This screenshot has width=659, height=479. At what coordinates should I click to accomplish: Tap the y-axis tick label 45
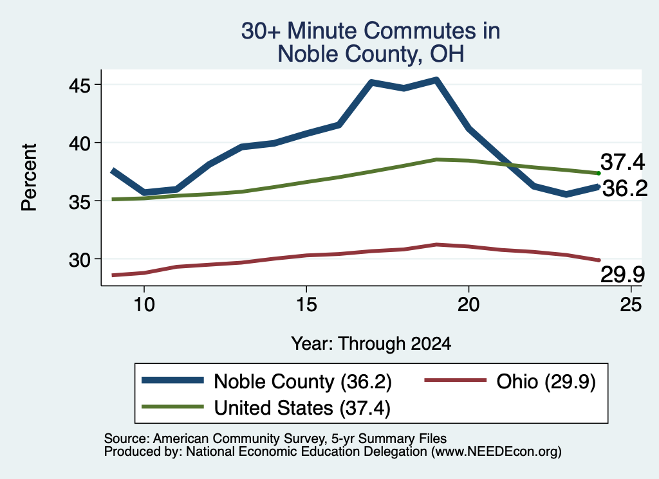click(x=80, y=86)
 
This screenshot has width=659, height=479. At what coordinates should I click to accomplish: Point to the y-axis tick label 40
click(x=80, y=143)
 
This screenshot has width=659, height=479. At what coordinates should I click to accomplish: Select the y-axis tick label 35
click(x=80, y=202)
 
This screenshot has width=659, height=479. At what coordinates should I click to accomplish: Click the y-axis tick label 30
click(x=80, y=260)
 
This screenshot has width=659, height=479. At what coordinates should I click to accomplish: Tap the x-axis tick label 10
click(x=144, y=304)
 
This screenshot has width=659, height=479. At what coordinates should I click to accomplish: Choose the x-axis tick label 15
click(x=306, y=304)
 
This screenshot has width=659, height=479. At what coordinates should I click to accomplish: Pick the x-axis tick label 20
click(x=469, y=304)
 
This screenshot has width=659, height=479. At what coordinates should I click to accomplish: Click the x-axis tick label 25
click(x=631, y=304)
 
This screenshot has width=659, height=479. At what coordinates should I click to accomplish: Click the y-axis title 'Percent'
click(x=29, y=177)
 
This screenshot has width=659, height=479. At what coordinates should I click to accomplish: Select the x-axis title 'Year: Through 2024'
click(x=371, y=343)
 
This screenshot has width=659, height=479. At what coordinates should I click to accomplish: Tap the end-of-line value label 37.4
click(x=622, y=162)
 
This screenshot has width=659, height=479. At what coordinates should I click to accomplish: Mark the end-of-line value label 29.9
click(x=622, y=275)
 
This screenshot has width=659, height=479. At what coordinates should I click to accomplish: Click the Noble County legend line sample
click(x=172, y=381)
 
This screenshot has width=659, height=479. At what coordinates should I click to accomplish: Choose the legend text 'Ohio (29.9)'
click(x=546, y=382)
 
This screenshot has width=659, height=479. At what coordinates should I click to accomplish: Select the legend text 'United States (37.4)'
click(x=302, y=408)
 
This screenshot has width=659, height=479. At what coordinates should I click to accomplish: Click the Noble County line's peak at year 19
click(x=437, y=80)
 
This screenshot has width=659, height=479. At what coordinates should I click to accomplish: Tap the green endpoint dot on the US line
click(x=599, y=173)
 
